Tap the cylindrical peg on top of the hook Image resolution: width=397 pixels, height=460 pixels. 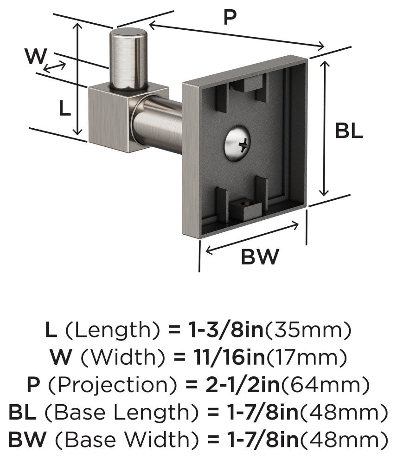(x=128, y=58)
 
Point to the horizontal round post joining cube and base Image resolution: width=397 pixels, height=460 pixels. (x=158, y=123)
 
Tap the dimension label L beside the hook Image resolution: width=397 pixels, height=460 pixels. (x=64, y=109)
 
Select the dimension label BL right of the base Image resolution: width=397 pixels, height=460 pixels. (x=349, y=132)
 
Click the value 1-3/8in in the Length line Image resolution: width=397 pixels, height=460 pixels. (x=216, y=330)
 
